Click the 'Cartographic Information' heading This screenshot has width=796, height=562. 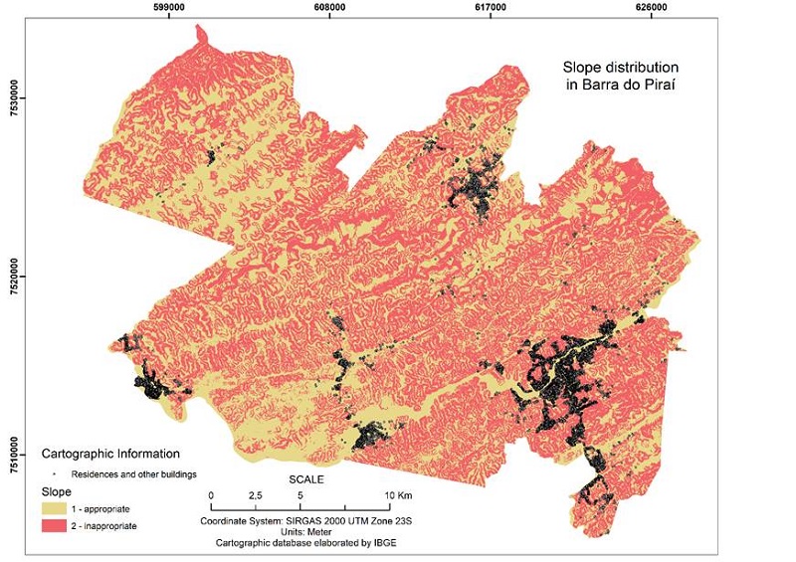(x=110, y=454)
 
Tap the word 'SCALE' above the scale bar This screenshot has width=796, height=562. (x=305, y=479)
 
